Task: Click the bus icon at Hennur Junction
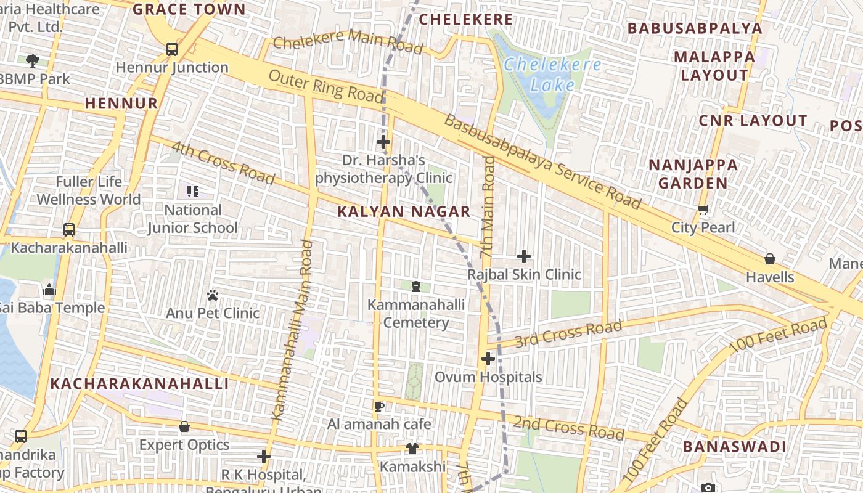tap(172, 49)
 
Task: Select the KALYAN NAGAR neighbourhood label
tap(404, 211)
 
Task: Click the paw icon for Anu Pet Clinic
tap(213, 295)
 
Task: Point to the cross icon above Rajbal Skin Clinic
tap(524, 256)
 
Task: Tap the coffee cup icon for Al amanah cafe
tap(379, 406)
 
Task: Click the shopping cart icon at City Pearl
tap(703, 210)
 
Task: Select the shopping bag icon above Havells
tap(770, 259)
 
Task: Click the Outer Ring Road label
tap(326, 86)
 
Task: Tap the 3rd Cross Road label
tap(568, 333)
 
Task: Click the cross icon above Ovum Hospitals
tap(488, 359)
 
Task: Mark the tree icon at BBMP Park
tap(33, 60)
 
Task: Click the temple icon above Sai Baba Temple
tap(49, 290)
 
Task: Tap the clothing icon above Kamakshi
tap(412, 448)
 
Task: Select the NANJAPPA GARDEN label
tap(693, 174)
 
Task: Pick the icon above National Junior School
tap(193, 192)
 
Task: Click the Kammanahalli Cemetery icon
tap(416, 287)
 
